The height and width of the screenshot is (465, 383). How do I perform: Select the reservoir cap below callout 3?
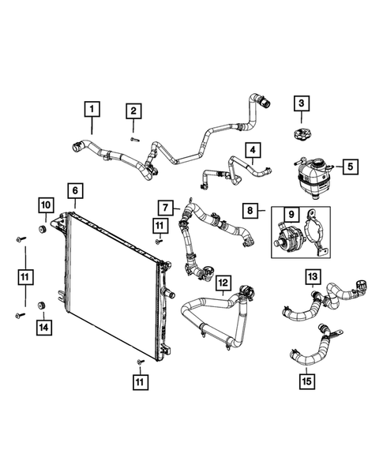tap(300, 132)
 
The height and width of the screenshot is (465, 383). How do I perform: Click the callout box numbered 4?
tap(253, 149)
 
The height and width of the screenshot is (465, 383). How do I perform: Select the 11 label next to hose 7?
tap(160, 226)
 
